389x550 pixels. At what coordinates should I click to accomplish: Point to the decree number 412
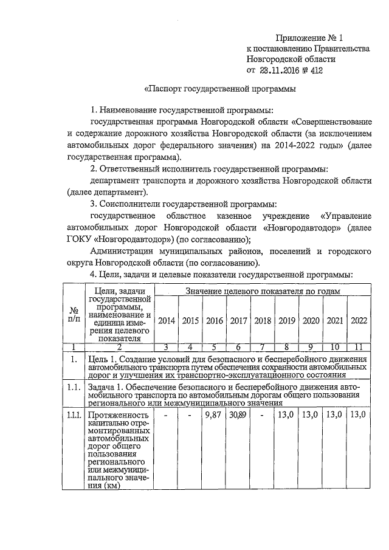pos(315,70)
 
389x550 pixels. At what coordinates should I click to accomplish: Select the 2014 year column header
pos(167,320)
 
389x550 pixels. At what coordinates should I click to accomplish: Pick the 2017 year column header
pos(238,320)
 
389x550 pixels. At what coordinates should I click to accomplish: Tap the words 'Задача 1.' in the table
pos(107,387)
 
